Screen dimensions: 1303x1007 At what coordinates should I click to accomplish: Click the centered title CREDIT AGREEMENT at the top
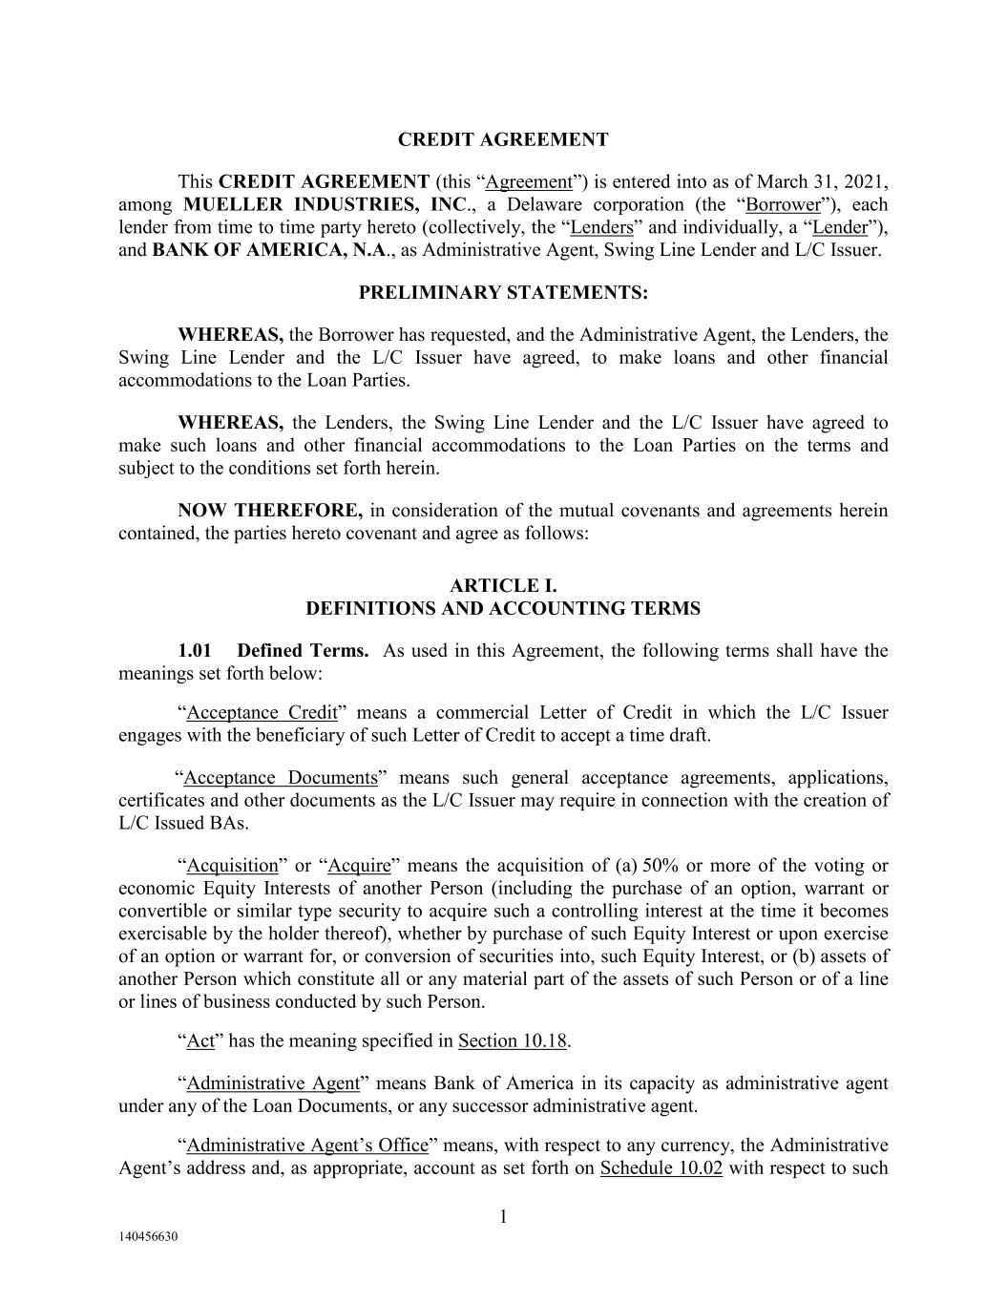pos(502,139)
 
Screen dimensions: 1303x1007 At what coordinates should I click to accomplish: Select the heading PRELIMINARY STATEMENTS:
pos(503,293)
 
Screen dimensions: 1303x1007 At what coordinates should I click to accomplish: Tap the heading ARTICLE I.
pos(503,586)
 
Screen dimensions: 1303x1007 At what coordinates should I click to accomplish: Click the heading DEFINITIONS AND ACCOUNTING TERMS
pos(503,609)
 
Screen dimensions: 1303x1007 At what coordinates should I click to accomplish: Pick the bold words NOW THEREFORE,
pos(270,511)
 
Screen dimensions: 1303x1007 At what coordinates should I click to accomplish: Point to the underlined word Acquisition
pos(232,866)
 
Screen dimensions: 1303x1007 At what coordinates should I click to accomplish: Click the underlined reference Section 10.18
pos(513,1040)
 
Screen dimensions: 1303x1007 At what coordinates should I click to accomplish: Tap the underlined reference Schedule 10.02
pos(661,1168)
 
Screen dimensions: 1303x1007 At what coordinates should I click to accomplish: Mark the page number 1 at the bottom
pos(503,1216)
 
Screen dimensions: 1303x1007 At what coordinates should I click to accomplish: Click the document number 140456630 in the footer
pos(148,1237)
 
